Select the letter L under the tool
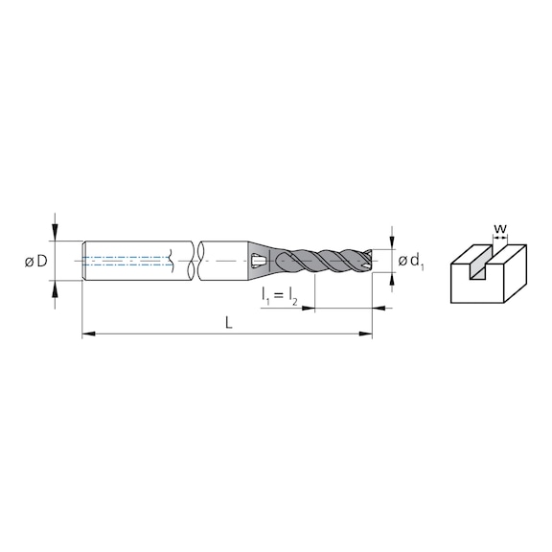click(228, 324)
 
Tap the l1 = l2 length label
click(280, 297)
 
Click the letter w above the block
click(498, 228)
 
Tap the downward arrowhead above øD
click(57, 233)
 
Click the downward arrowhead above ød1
click(391, 242)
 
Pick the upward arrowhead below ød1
click(391, 278)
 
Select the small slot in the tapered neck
click(257, 260)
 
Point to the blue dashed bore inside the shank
click(125, 260)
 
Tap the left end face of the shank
click(85, 260)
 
